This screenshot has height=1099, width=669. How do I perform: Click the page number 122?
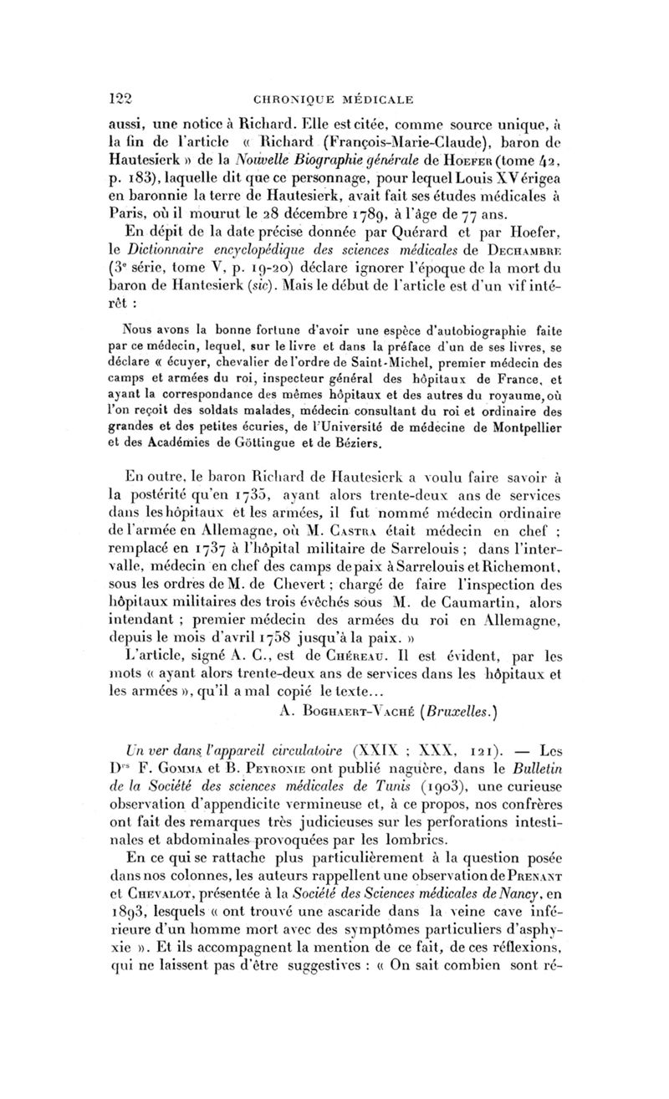pos(123,98)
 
